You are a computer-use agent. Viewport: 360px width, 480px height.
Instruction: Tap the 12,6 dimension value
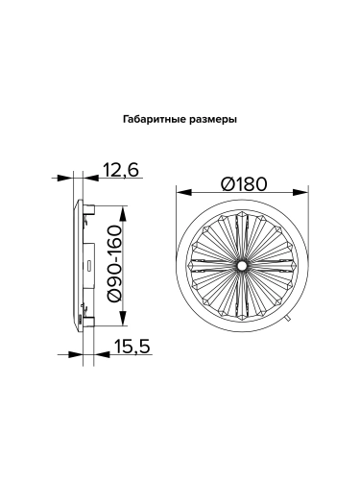coord(120,170)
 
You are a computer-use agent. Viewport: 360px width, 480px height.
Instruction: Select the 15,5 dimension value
coord(132,347)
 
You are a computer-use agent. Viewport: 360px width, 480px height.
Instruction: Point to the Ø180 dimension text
coord(244,184)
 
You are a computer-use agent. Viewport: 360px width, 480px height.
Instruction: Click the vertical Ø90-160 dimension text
coord(114,263)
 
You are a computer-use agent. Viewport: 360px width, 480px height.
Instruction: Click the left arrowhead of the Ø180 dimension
coord(183,193)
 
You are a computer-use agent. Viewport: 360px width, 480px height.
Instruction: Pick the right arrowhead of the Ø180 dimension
coord(300,193)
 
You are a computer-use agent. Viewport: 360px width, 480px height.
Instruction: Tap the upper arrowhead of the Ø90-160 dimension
coord(123,213)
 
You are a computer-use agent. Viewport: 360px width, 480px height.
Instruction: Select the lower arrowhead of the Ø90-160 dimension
coord(123,318)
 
